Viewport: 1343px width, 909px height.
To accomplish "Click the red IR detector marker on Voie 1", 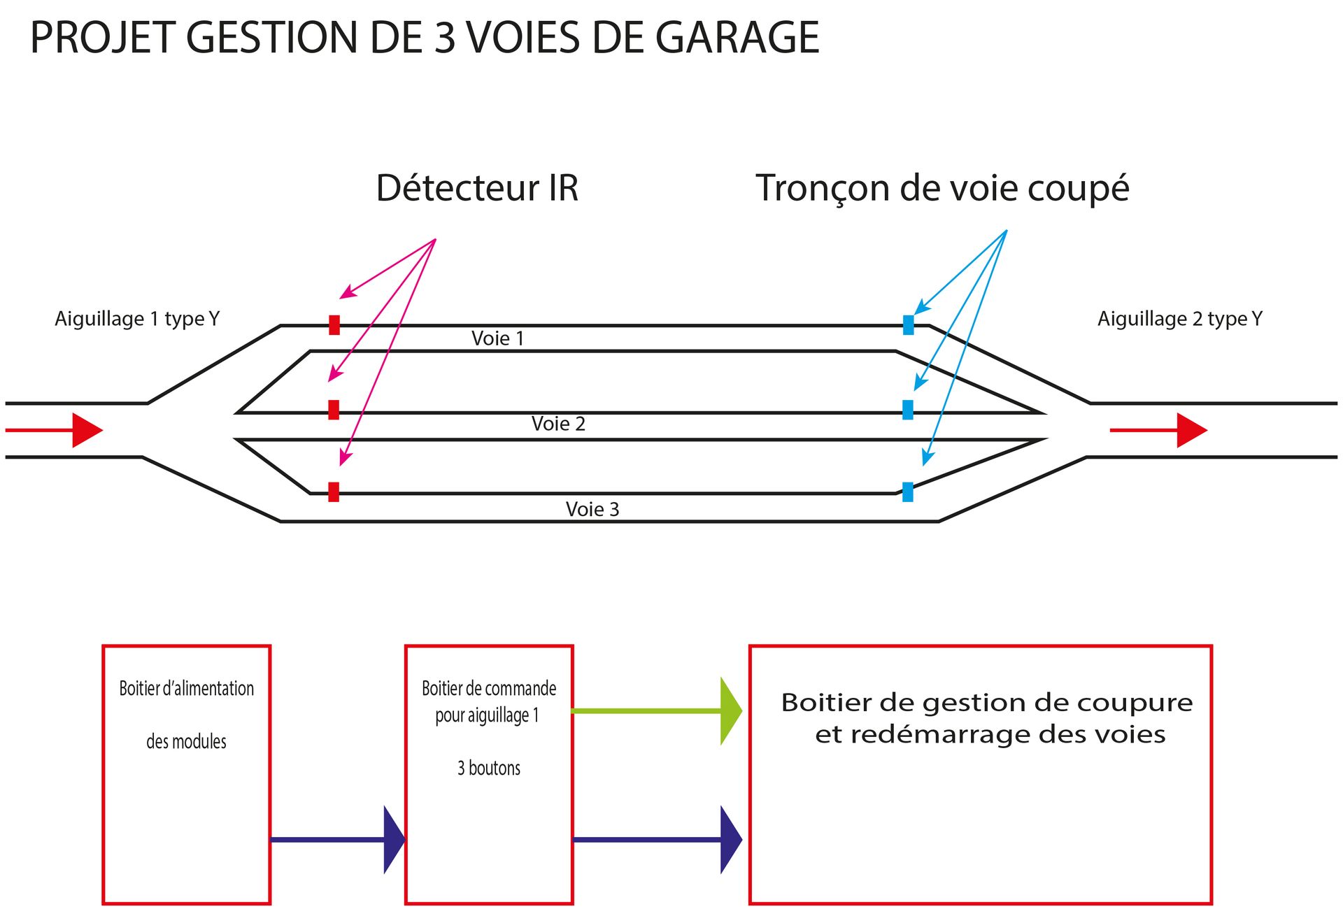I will (x=334, y=325).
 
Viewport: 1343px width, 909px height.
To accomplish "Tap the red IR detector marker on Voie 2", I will (x=334, y=410).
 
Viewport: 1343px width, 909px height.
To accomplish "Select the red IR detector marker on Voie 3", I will (x=334, y=492).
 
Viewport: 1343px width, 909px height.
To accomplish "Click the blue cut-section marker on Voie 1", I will (x=908, y=325).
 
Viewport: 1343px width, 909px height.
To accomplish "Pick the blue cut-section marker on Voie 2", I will (x=908, y=410).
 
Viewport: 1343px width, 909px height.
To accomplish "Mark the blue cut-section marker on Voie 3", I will (x=908, y=492).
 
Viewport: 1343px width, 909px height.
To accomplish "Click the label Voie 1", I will (x=497, y=338).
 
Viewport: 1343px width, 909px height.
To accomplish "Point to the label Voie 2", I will (x=557, y=424).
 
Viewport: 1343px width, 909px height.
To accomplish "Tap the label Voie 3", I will (x=592, y=509).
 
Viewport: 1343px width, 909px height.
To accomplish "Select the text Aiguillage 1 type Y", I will (x=137, y=319).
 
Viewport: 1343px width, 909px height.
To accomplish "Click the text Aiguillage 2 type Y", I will (x=1179, y=319).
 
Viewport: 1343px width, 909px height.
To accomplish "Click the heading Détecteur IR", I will (x=477, y=188).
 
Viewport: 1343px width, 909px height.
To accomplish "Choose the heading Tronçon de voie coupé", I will (x=941, y=189).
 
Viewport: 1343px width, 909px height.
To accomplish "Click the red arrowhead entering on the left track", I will (x=87, y=430).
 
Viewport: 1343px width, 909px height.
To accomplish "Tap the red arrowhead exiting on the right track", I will (x=1191, y=430).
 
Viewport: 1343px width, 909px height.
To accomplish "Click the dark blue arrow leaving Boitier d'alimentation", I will (x=336, y=839).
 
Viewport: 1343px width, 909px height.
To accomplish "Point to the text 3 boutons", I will (x=489, y=768).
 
